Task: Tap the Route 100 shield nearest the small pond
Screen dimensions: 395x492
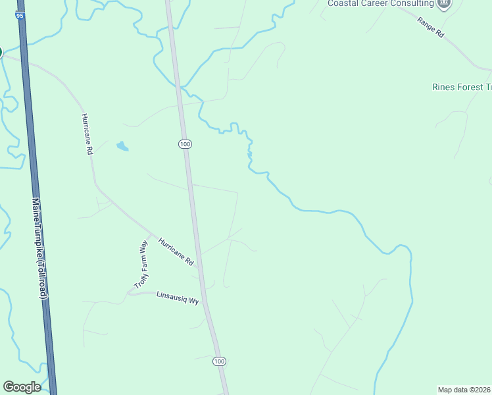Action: click(185, 144)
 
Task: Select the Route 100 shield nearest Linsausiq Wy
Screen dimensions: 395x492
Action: click(219, 361)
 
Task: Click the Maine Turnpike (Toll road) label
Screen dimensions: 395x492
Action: click(39, 250)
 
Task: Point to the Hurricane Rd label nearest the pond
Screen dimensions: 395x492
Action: click(86, 134)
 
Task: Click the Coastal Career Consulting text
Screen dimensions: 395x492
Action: click(380, 4)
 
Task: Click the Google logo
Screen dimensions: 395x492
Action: click(22, 387)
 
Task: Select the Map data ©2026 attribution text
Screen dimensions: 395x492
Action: click(464, 390)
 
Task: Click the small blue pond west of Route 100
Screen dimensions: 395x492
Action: click(122, 146)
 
